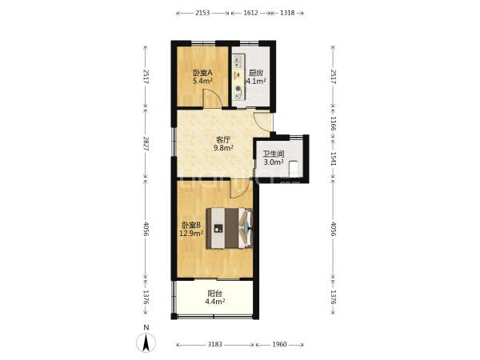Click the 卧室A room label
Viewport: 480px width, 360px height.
pyautogui.click(x=202, y=73)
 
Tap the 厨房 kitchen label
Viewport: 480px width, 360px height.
pyautogui.click(x=256, y=73)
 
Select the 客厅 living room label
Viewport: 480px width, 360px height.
pyautogui.click(x=223, y=140)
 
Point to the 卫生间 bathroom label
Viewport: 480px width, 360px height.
pyautogui.click(x=274, y=154)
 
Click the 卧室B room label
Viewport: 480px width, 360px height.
pyautogui.click(x=191, y=226)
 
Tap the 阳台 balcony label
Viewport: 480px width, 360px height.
pyautogui.click(x=215, y=294)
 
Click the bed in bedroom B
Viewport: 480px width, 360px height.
pyautogui.click(x=230, y=228)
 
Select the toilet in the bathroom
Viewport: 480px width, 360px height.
pyautogui.click(x=294, y=168)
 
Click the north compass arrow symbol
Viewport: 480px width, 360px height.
pyautogui.click(x=146, y=343)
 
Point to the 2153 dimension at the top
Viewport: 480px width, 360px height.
pyautogui.click(x=202, y=13)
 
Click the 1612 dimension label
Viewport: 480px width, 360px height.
pyautogui.click(x=250, y=13)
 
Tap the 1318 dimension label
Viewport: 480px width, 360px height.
pyautogui.click(x=287, y=13)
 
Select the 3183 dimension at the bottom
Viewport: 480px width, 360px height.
pyautogui.click(x=215, y=344)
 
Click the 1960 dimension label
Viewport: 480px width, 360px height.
pyautogui.click(x=279, y=344)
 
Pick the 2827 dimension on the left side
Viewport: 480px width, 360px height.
pyautogui.click(x=146, y=143)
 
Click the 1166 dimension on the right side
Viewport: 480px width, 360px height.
pyautogui.click(x=334, y=123)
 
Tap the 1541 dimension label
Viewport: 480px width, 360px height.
pyautogui.click(x=334, y=159)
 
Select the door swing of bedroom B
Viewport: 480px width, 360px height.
pyautogui.click(x=238, y=188)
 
